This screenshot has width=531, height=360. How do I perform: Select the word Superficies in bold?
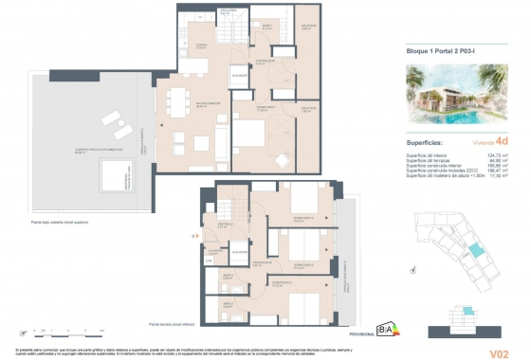point(413,143)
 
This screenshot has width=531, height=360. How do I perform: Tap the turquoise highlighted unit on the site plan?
point(473,248)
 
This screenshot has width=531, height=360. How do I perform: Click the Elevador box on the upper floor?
point(239,76)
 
